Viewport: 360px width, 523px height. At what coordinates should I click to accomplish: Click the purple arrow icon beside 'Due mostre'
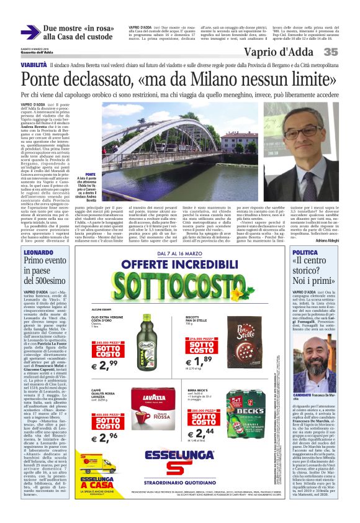pyautogui.click(x=30, y=32)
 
